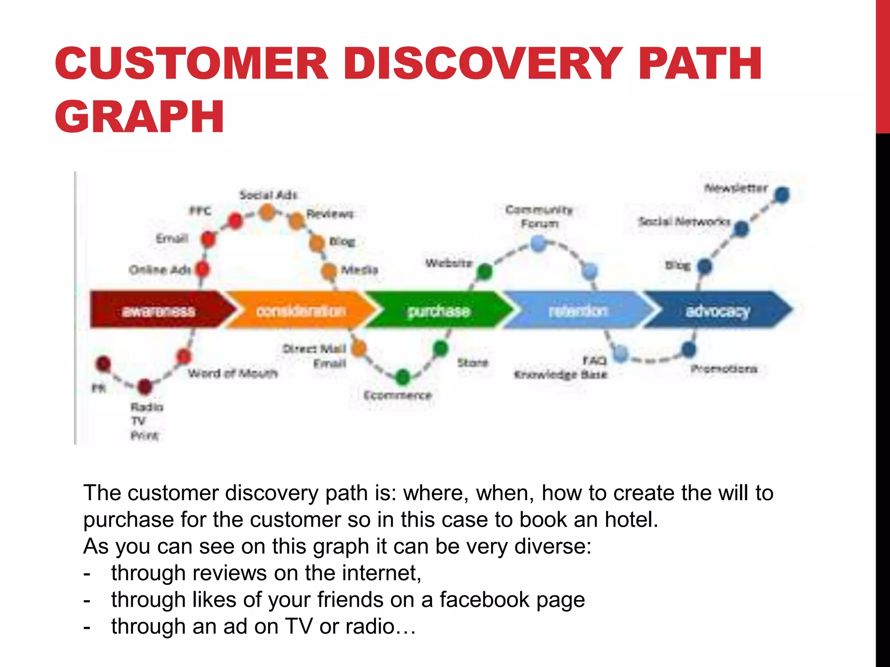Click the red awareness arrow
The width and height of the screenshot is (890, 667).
[159, 310]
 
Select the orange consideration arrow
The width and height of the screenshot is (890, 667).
[301, 310]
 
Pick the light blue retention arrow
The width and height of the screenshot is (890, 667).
[578, 310]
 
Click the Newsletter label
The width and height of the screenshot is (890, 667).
[736, 188]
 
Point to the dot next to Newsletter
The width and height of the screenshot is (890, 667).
[782, 195]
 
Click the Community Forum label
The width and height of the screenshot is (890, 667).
[539, 216]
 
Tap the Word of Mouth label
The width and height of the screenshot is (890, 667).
[232, 373]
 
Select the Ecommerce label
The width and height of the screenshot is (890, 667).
[398, 395]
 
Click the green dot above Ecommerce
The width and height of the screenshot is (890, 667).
[403, 377]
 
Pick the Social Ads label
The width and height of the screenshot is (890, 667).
[268, 195]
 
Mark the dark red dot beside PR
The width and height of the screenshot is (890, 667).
[103, 364]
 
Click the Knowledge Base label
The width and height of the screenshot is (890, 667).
[560, 374]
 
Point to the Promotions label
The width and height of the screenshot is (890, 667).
[724, 369]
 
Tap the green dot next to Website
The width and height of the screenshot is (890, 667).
[485, 271]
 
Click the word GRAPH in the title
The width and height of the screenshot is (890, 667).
[139, 116]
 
